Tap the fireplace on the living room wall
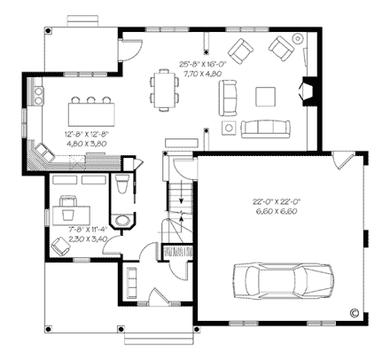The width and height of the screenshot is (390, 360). (x=306, y=91)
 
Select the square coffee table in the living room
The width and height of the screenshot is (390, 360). (x=266, y=95)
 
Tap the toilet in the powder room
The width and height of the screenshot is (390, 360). (x=122, y=184)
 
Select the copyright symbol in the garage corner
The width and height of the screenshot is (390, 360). (x=354, y=312)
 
